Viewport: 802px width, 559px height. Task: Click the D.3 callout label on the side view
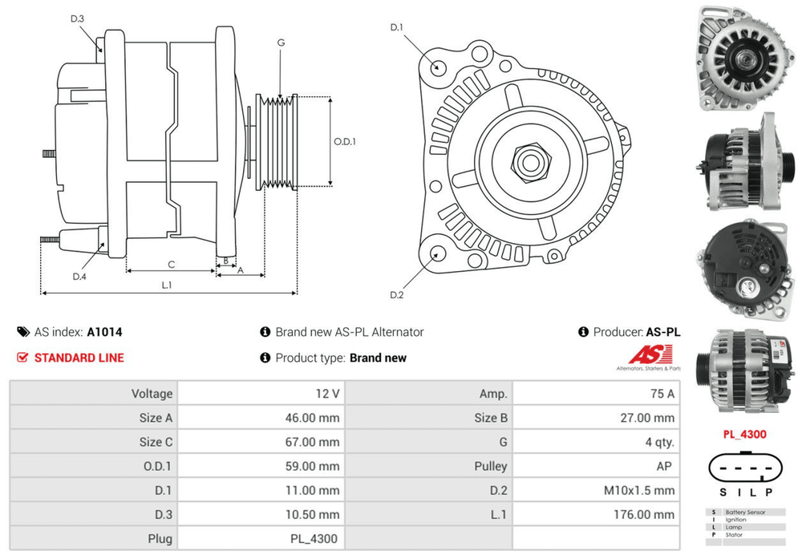[77, 18]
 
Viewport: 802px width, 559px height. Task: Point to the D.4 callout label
[79, 277]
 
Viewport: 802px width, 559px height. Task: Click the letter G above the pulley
[281, 42]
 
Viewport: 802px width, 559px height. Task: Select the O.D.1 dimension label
[344, 141]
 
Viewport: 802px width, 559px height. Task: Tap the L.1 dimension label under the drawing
[167, 284]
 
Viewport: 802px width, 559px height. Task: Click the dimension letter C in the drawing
[171, 264]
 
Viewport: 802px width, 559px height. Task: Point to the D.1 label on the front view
[396, 28]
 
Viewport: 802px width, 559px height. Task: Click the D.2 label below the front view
[396, 295]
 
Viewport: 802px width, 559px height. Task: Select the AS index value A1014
[104, 332]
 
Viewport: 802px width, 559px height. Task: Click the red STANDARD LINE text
[79, 358]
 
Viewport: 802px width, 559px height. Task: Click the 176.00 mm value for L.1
[646, 514]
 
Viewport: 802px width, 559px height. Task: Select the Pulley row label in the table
[491, 466]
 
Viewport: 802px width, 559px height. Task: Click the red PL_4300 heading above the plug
[744, 435]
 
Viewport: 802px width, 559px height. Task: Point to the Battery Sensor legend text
[744, 512]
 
